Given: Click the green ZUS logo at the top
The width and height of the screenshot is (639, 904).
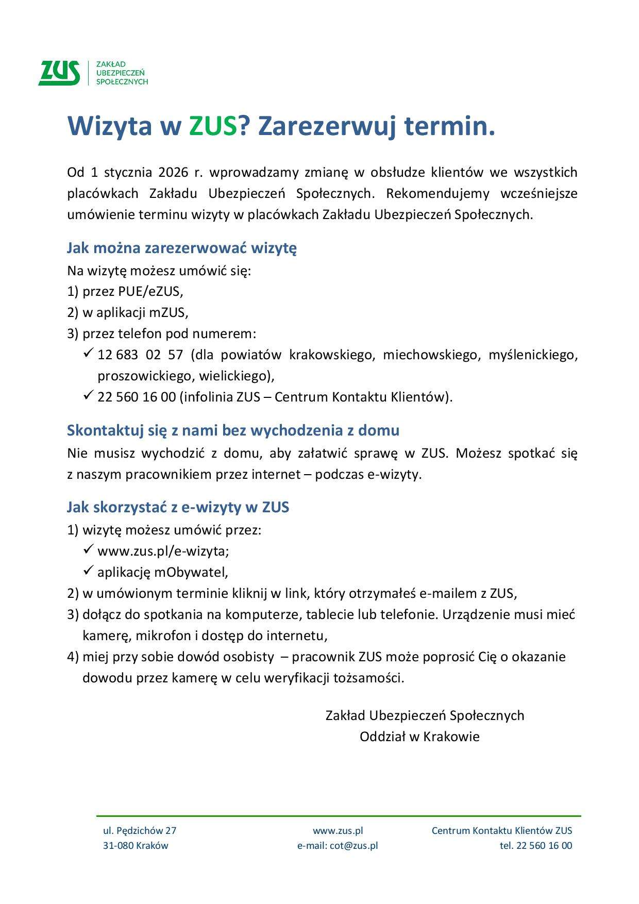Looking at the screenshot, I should (x=60, y=73).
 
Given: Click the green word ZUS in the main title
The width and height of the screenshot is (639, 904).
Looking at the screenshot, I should (x=212, y=126).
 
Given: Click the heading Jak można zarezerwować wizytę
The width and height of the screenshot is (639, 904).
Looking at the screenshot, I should (x=181, y=248).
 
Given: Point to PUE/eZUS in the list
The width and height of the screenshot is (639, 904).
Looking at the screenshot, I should (x=149, y=291).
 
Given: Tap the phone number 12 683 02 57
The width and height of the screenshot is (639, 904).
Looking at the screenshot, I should (x=140, y=355).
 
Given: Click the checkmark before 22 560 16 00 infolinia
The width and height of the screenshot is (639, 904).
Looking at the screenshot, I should (x=88, y=396).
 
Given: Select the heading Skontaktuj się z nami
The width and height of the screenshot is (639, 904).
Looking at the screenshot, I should (x=233, y=430).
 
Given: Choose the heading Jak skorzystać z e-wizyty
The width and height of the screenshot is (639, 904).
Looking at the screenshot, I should (x=178, y=507).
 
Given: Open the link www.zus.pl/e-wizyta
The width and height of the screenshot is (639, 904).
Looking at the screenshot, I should (x=162, y=551).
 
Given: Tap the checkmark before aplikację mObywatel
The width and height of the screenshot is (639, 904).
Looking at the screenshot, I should (x=88, y=571).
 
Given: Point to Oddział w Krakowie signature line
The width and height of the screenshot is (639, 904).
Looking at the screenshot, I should (x=419, y=736).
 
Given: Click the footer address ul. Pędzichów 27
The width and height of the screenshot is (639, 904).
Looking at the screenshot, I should (x=140, y=830).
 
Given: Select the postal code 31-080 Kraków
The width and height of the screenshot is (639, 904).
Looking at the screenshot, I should (x=136, y=845).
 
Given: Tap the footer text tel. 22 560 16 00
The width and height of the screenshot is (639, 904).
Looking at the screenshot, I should (x=535, y=845).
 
